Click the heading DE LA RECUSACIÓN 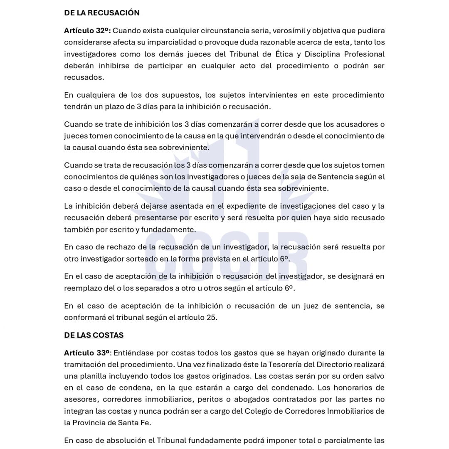(102, 13)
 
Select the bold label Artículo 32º (87, 31)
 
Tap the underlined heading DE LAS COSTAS (94, 335)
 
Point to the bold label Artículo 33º (87, 353)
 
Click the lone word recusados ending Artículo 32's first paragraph (84, 77)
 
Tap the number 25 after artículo (212, 318)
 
